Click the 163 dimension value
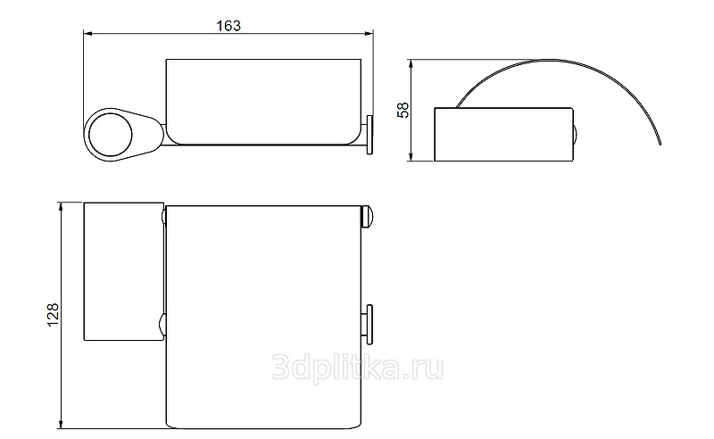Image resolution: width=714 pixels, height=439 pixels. click(228, 26)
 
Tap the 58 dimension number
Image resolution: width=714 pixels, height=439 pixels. click(403, 111)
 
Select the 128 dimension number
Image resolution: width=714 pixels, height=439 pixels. click(53, 314)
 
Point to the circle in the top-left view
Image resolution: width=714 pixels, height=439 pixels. click(110, 136)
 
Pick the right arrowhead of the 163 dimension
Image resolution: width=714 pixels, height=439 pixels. click(369, 33)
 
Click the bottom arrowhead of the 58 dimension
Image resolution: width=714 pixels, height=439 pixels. click(411, 156)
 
